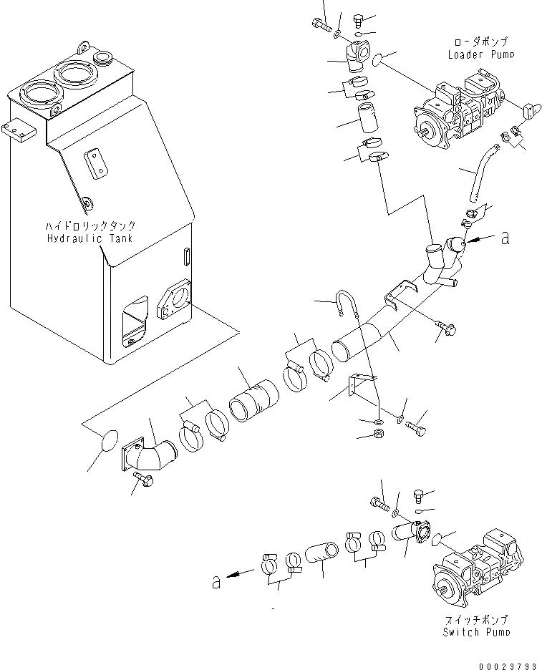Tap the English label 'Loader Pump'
pyautogui.click(x=480, y=54)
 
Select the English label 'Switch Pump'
pyautogui.click(x=477, y=631)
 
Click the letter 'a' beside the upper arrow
pyautogui.click(x=505, y=238)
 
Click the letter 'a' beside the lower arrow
pyautogui.click(x=216, y=582)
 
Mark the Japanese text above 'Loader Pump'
pyautogui.click(x=480, y=42)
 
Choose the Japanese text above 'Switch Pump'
pyautogui.click(x=477, y=619)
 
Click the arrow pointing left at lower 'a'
pyautogui.click(x=241, y=573)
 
